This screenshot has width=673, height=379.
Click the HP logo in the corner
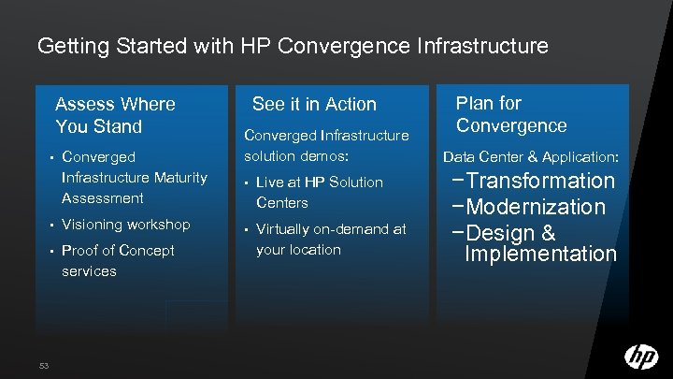[641, 357]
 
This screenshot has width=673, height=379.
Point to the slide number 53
[44, 364]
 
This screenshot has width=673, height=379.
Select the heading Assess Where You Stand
[115, 115]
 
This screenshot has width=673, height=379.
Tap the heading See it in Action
[314, 104]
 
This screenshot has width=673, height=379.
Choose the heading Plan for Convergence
[511, 114]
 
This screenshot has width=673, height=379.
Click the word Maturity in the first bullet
[177, 177]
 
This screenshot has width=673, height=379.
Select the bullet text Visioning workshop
[125, 225]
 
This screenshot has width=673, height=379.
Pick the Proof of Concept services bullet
[118, 260]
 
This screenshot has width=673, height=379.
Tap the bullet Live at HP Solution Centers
[319, 192]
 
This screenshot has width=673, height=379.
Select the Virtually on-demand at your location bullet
[330, 239]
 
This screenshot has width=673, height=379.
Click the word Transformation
[541, 181]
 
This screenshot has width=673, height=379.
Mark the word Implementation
[540, 255]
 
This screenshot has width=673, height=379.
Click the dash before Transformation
[456, 182]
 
